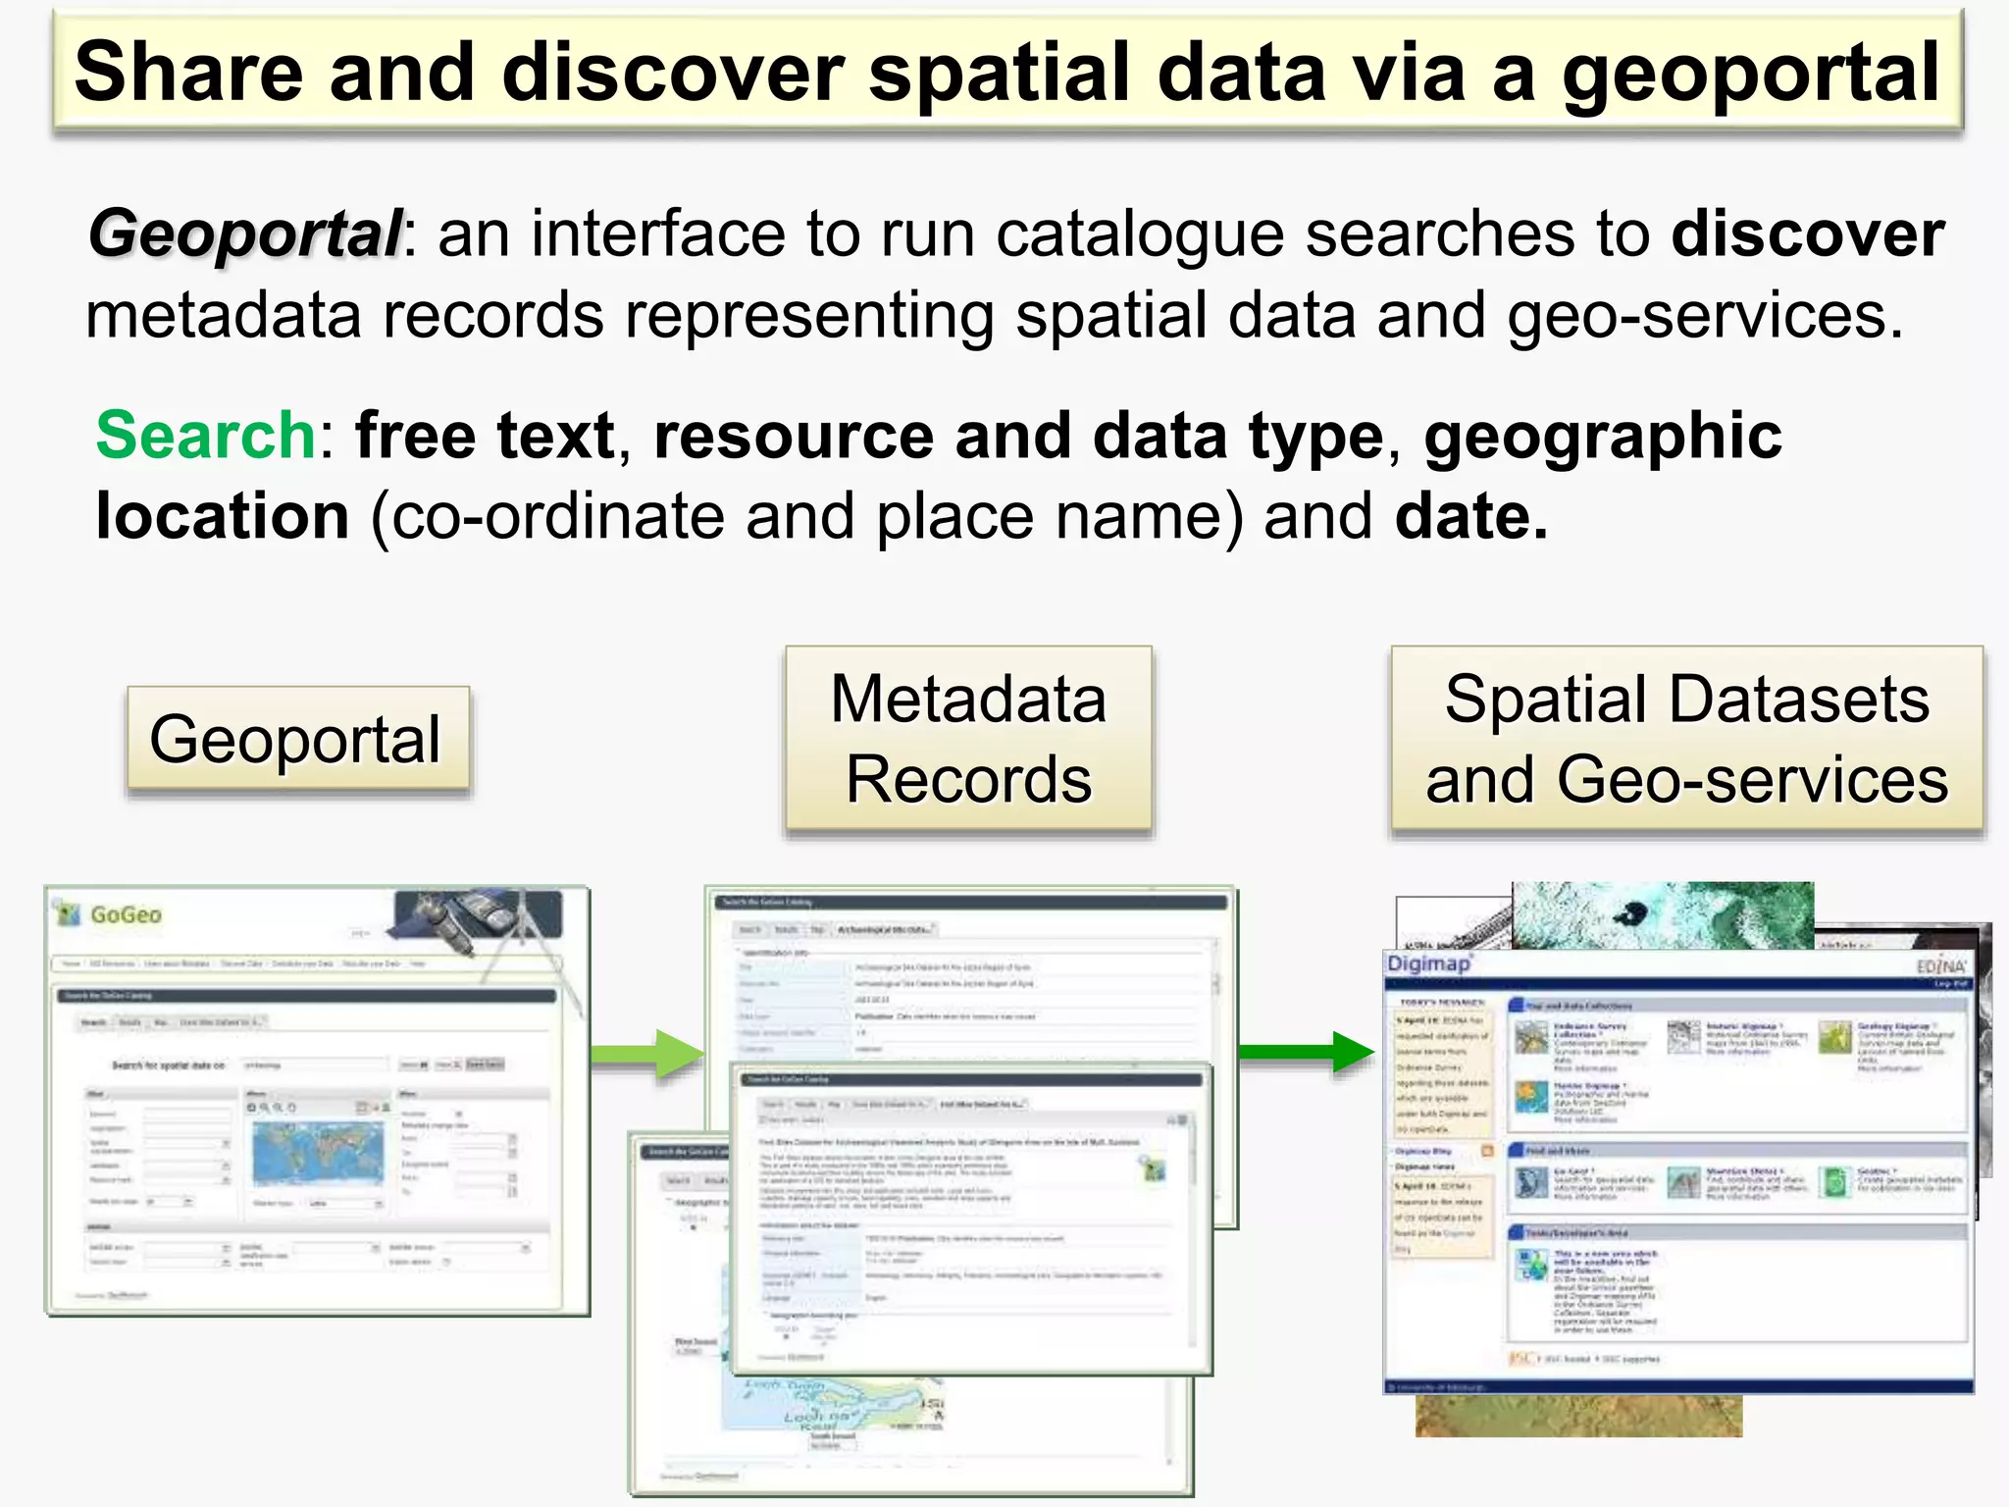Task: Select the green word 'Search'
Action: pos(205,435)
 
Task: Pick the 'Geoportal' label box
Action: pos(297,739)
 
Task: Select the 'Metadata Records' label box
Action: pos(968,739)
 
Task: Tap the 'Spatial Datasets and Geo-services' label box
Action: pos(1686,739)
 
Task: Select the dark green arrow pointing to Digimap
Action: pos(1305,1052)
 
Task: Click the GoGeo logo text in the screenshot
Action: pos(125,914)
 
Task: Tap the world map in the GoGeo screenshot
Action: pos(316,1152)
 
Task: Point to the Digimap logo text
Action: pos(1428,963)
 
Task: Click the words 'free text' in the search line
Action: pos(485,435)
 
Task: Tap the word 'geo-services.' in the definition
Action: pos(1705,316)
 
